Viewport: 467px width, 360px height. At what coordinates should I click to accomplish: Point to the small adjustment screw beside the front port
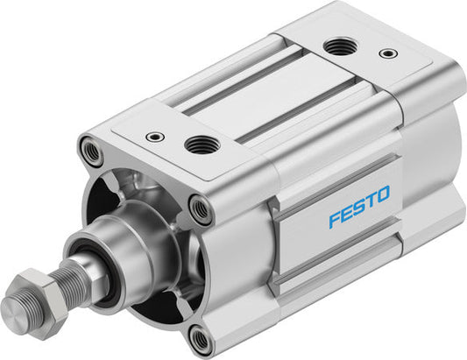[x=154, y=136]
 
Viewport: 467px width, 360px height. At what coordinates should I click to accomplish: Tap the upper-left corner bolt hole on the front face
[x=89, y=149]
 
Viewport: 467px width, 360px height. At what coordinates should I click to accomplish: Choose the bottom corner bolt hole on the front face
[x=201, y=339]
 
